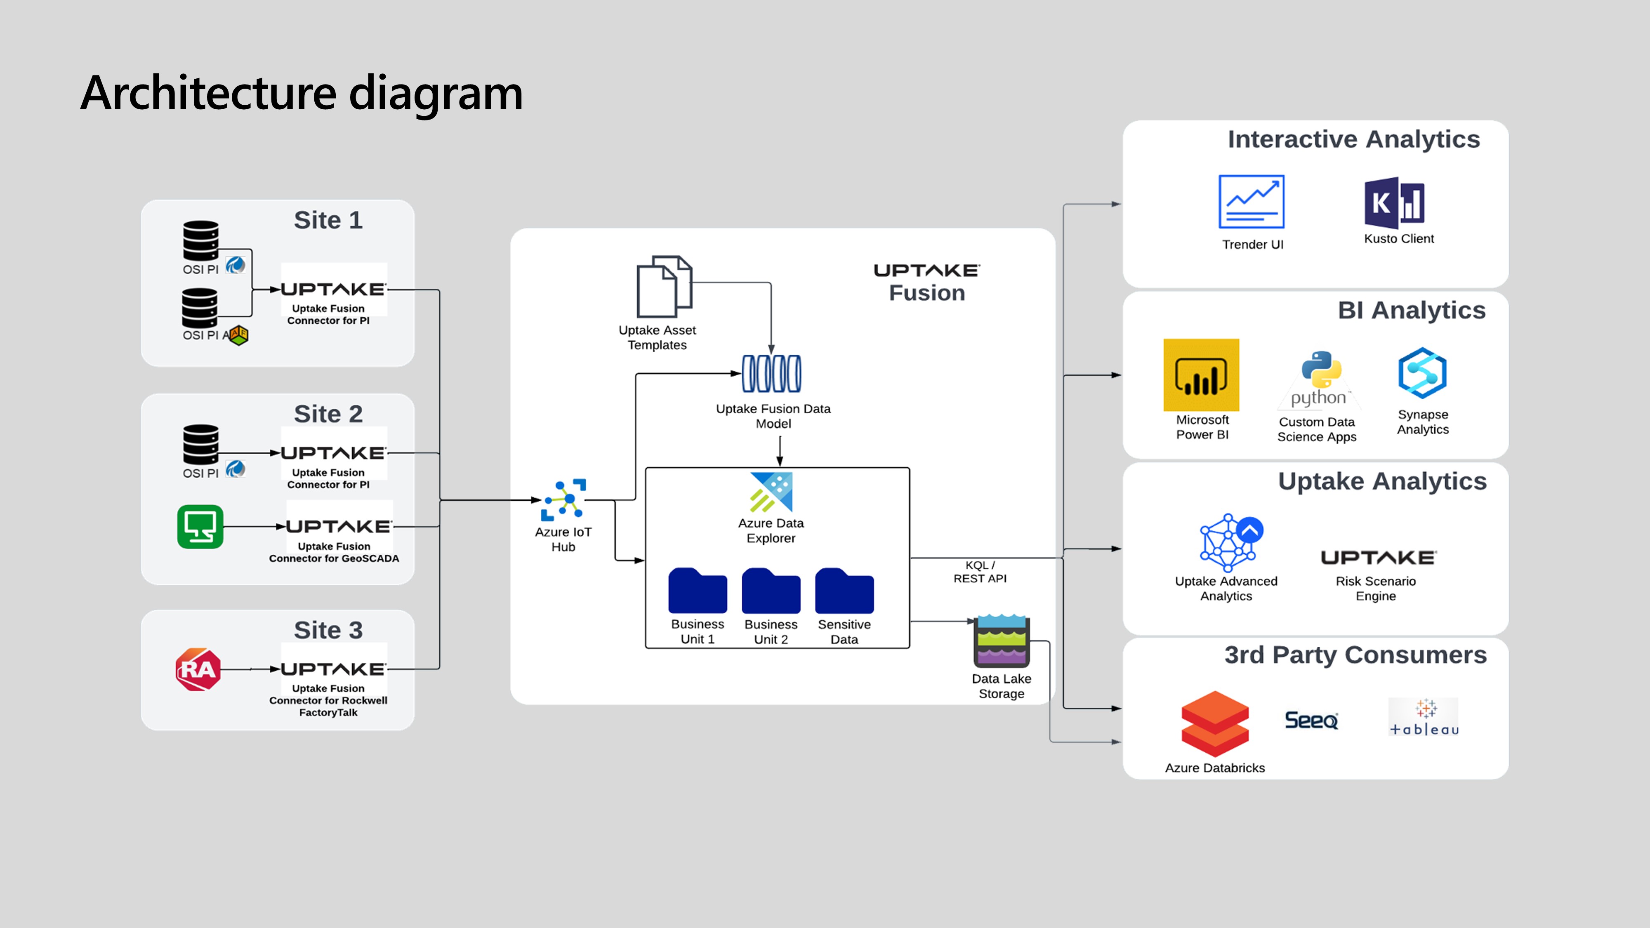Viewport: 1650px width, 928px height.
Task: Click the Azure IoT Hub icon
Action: coord(563,499)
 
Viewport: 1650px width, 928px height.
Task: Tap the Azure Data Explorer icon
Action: coord(771,492)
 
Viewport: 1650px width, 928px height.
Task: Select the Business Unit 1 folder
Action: coord(698,591)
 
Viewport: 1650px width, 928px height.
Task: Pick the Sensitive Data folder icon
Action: coord(844,591)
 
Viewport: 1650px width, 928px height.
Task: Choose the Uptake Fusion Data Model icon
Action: coord(771,373)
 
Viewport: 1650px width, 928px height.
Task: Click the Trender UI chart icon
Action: coord(1251,202)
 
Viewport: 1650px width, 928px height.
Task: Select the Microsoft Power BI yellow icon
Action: coord(1201,374)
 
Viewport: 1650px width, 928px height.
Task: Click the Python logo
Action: coord(1320,378)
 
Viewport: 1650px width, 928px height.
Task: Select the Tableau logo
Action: coord(1423,717)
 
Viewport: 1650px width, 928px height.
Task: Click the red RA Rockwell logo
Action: coord(198,669)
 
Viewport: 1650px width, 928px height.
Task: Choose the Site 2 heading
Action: coord(328,414)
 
